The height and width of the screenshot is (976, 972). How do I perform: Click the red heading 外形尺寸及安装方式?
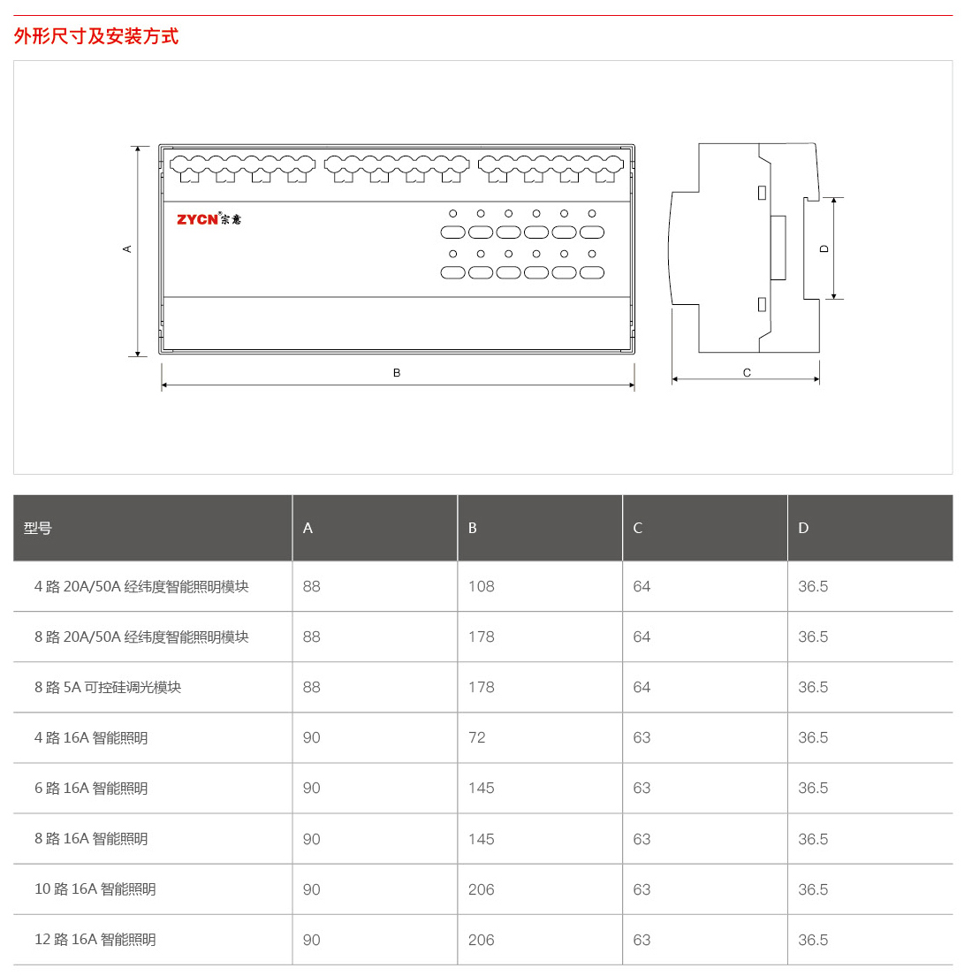click(95, 36)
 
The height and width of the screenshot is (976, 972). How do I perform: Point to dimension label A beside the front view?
click(127, 249)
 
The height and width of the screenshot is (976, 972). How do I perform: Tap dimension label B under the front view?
click(397, 373)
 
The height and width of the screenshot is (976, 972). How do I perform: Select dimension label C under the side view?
click(747, 373)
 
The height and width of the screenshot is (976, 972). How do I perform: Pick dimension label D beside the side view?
click(824, 249)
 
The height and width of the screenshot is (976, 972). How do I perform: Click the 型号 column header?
click(37, 529)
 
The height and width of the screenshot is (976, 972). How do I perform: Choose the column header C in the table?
click(638, 529)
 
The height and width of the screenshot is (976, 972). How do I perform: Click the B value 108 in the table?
click(481, 586)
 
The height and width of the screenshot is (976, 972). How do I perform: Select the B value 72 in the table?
click(476, 737)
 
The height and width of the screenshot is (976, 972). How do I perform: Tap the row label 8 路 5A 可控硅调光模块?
click(108, 687)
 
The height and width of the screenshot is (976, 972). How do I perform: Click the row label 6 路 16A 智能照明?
click(91, 788)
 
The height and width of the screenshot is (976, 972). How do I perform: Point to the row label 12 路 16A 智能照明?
click(95, 939)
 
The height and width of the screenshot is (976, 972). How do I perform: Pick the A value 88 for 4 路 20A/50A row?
click(311, 586)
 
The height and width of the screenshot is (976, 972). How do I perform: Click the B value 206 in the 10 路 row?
click(481, 889)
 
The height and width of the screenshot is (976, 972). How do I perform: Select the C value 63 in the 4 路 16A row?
click(642, 737)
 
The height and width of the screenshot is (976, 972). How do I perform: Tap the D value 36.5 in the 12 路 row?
click(813, 940)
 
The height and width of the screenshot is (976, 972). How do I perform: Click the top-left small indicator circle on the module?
click(453, 214)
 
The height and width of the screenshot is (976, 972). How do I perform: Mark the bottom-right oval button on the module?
click(592, 272)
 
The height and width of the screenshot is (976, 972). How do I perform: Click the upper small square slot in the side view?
click(762, 193)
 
